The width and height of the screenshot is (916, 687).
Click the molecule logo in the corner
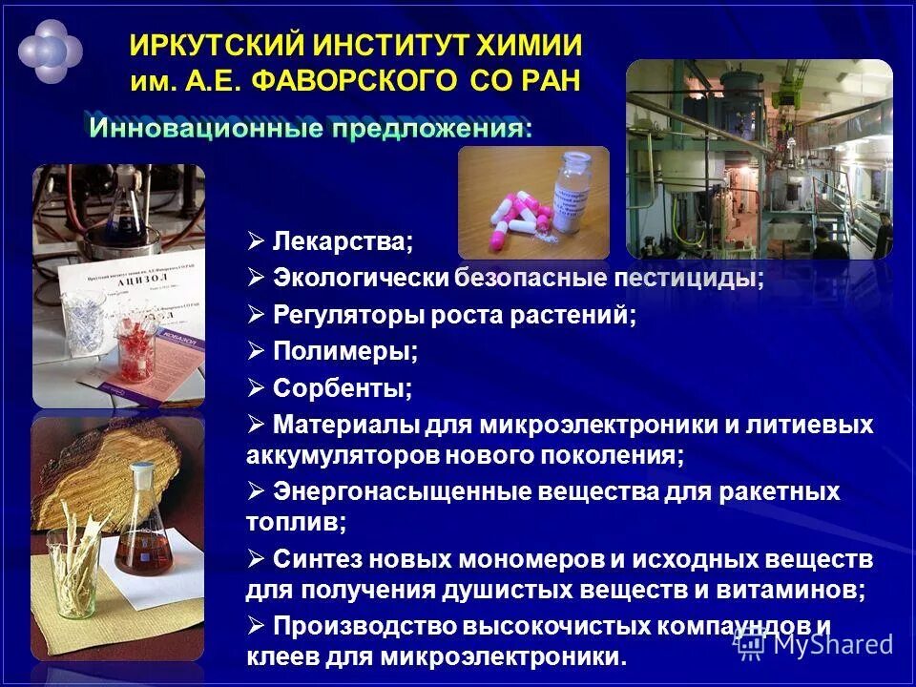coord(50,50)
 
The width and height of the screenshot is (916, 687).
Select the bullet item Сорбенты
coord(343,387)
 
